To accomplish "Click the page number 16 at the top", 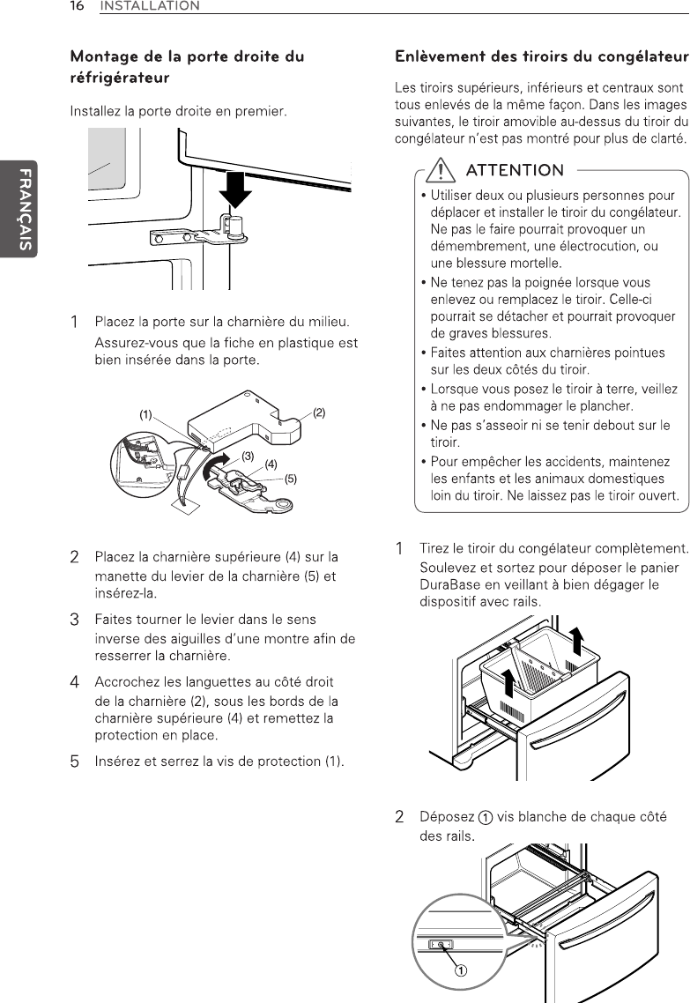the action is pyautogui.click(x=77, y=6).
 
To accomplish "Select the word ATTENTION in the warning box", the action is pyautogui.click(x=515, y=170).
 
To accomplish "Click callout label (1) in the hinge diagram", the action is pyautogui.click(x=146, y=414).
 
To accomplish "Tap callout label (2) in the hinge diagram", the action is pyautogui.click(x=319, y=412).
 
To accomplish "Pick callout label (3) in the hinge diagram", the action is pyautogui.click(x=249, y=456).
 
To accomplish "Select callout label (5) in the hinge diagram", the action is pyautogui.click(x=290, y=479).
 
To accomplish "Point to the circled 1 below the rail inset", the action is pyautogui.click(x=460, y=970).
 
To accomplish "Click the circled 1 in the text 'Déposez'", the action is pyautogui.click(x=486, y=818).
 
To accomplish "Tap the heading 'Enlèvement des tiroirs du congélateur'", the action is pyautogui.click(x=542, y=57).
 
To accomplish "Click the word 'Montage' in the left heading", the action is pyautogui.click(x=104, y=57).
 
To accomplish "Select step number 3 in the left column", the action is pyautogui.click(x=75, y=620).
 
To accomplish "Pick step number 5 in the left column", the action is pyautogui.click(x=75, y=762).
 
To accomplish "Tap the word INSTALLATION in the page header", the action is pyautogui.click(x=151, y=6).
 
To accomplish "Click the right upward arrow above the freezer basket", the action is pyautogui.click(x=577, y=641).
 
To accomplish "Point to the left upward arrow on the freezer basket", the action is pyautogui.click(x=509, y=682).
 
